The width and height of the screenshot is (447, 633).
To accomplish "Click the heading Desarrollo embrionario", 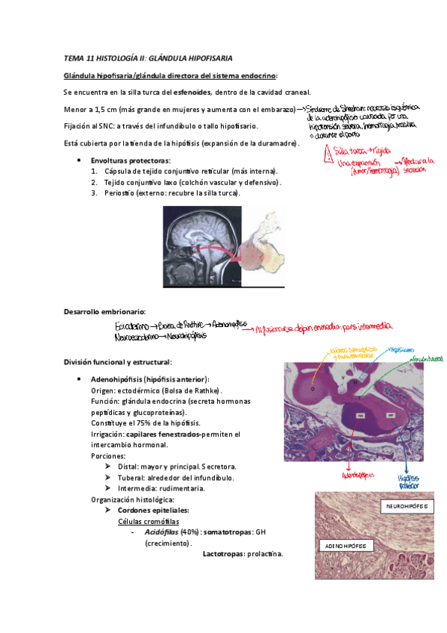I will [x=104, y=311].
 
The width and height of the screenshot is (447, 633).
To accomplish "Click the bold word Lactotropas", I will [x=227, y=554].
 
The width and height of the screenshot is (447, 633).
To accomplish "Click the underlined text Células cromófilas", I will [x=149, y=521].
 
